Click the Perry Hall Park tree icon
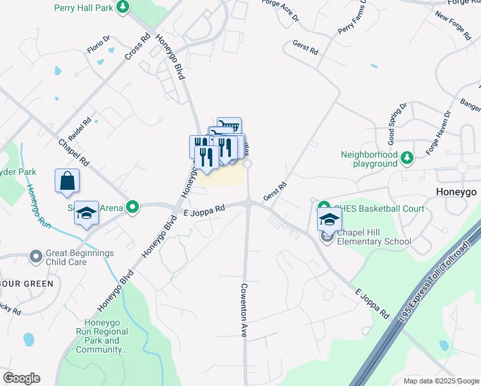[122, 6]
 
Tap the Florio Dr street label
[99, 44]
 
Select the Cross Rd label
[138, 48]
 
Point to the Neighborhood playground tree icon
[406, 158]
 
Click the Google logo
[21, 378]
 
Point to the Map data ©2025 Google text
[440, 381]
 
